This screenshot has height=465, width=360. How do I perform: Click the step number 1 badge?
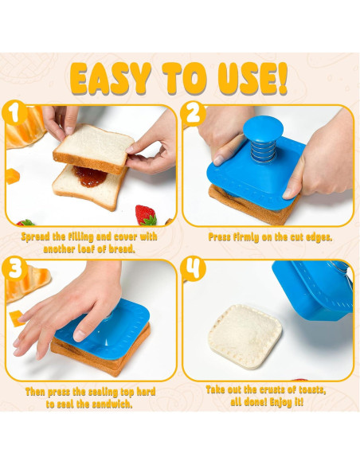pyautogui.click(x=14, y=113)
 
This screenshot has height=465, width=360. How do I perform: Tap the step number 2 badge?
pyautogui.click(x=193, y=114)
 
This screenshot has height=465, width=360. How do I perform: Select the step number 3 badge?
pyautogui.click(x=14, y=268)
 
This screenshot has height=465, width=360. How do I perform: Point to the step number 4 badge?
pyautogui.click(x=193, y=268)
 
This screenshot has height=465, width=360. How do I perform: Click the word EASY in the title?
pyautogui.click(x=111, y=79)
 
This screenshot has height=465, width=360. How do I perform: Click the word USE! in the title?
pyautogui.click(x=252, y=78)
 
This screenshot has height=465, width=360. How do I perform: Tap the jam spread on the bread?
pyautogui.click(x=90, y=177)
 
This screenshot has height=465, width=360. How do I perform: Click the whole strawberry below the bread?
pyautogui.click(x=146, y=215)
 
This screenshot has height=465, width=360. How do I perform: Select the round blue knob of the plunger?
pyautogui.click(x=263, y=129)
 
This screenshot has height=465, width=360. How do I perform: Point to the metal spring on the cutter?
pyautogui.click(x=264, y=150)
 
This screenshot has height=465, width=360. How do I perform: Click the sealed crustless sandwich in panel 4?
pyautogui.click(x=245, y=337)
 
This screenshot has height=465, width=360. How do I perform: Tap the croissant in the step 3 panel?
pyautogui.click(x=28, y=283)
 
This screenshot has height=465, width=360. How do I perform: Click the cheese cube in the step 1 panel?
pyautogui.click(x=13, y=176)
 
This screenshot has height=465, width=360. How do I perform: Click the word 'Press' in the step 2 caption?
pyautogui.click(x=220, y=237)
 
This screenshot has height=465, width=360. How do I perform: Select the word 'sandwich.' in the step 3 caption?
pyautogui.click(x=112, y=404)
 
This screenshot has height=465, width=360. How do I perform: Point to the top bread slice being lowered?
pyautogui.click(x=93, y=149)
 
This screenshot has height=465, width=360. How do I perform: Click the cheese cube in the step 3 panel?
pyautogui.click(x=17, y=318)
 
